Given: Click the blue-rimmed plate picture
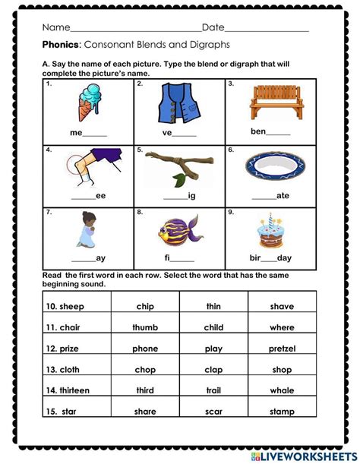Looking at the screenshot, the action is (270, 165).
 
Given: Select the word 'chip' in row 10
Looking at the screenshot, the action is (144, 306).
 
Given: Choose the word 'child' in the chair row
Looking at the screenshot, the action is (213, 327).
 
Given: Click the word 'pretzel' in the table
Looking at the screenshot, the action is (282, 349).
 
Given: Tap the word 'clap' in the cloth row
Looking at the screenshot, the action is (213, 370).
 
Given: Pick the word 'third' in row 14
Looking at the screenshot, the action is (144, 391).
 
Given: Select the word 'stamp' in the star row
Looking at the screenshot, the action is (282, 412).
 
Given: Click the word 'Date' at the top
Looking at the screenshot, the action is (213, 27).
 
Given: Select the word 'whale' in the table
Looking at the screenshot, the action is (282, 391).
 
